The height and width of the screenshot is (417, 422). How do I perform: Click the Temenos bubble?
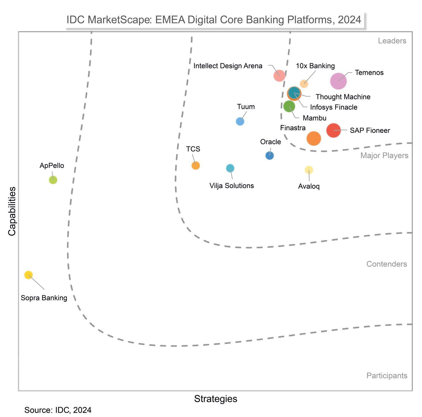[x=338, y=81]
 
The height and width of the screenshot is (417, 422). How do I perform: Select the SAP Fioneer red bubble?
[x=333, y=130]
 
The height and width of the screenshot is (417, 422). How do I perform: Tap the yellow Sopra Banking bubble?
[x=28, y=275]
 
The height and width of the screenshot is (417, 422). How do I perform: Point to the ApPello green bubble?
[x=53, y=180]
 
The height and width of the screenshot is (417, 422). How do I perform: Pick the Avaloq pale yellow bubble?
[x=309, y=170]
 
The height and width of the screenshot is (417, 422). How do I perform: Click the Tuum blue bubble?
[x=240, y=121]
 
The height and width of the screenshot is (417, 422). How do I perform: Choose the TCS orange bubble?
[x=196, y=165]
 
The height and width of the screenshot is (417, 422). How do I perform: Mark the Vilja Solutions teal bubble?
[x=230, y=168]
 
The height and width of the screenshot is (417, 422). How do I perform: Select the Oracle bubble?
[x=270, y=156]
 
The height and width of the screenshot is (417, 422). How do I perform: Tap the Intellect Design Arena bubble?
[x=279, y=76]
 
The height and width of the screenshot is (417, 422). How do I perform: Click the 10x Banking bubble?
[x=304, y=84]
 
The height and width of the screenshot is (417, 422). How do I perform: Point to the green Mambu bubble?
[x=289, y=106]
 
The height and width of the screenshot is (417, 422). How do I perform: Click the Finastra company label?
[x=293, y=128]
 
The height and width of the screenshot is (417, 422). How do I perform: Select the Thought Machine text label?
[x=343, y=97]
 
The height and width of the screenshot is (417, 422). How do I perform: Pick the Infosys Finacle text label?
[x=334, y=107]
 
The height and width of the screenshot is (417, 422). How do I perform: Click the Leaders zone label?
[x=392, y=41]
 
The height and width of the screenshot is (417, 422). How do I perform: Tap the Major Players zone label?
[x=384, y=156]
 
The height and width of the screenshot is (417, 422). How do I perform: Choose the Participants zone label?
[x=387, y=376]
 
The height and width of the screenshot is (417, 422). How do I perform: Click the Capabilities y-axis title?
[x=12, y=211]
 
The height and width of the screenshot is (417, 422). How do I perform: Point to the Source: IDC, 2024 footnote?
[x=58, y=410]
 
